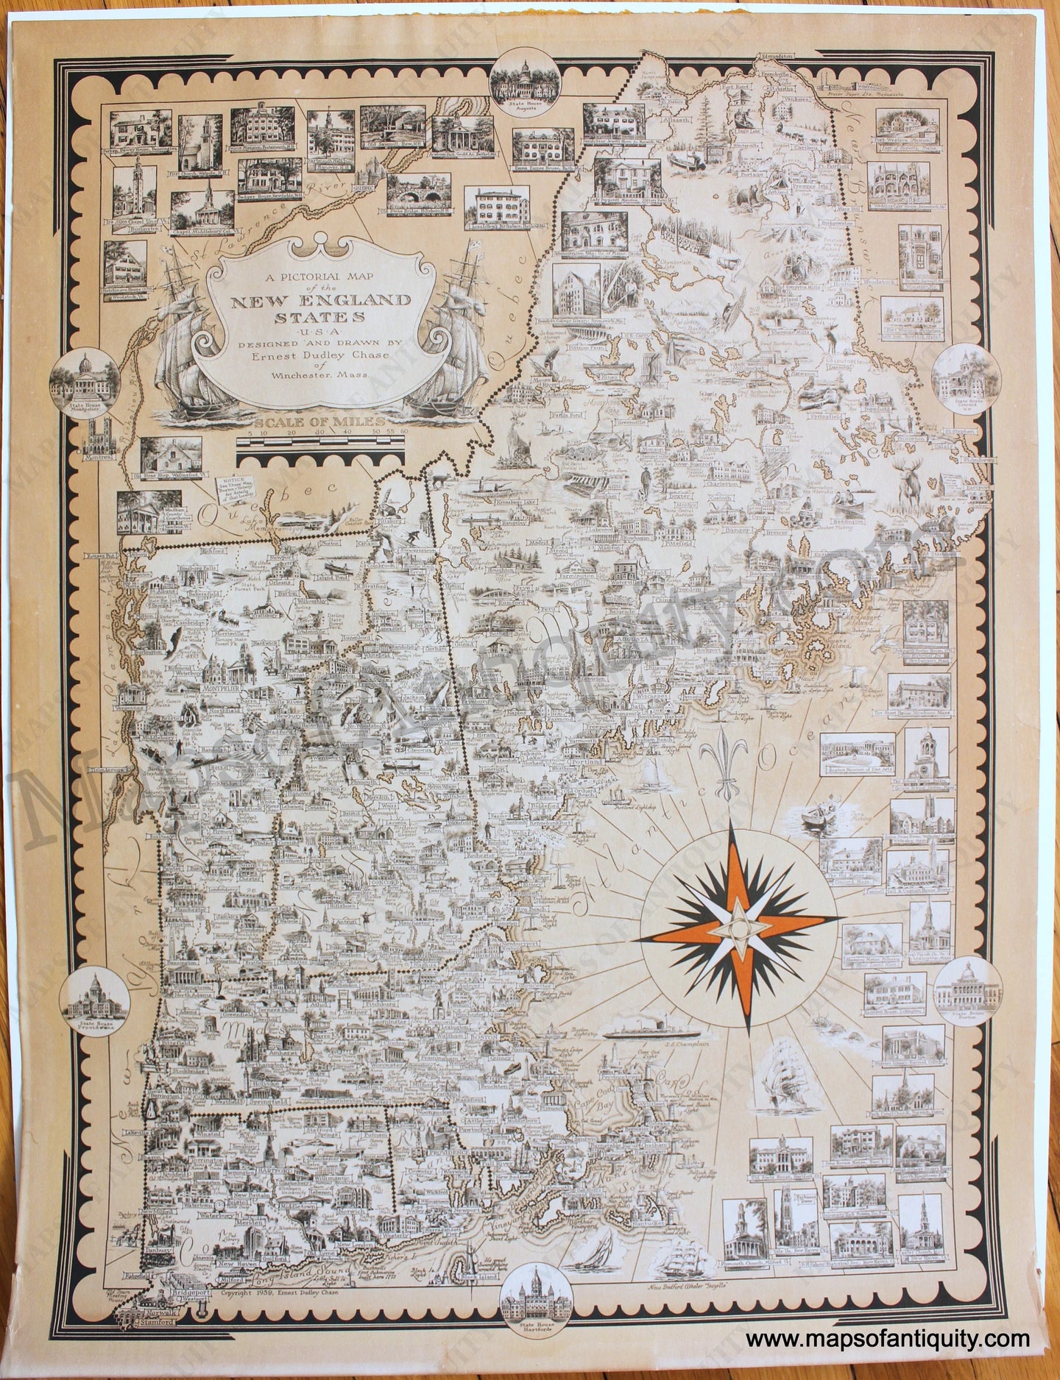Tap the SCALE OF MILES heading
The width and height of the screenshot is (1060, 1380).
[321, 422]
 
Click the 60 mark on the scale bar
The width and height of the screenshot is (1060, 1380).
[403, 433]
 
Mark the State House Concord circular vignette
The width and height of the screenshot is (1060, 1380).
[959, 372]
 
